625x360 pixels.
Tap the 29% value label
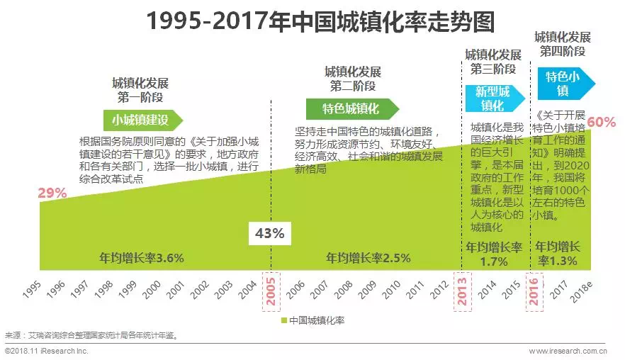(52, 192)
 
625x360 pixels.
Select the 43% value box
(269, 233)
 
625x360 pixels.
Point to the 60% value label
(602, 121)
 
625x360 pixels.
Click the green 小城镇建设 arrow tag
(143, 119)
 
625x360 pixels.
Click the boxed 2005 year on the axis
(271, 291)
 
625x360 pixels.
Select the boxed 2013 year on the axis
(463, 291)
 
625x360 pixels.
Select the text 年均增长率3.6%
(141, 258)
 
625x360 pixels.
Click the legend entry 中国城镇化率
(312, 321)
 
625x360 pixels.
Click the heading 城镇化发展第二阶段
(352, 79)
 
